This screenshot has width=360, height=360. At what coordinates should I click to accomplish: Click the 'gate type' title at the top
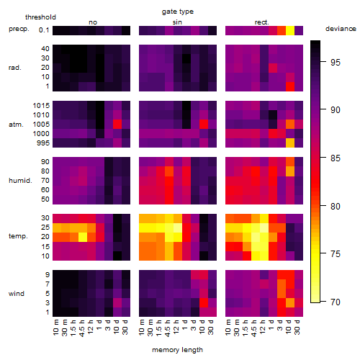178,12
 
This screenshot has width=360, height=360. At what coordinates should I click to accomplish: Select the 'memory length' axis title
177,350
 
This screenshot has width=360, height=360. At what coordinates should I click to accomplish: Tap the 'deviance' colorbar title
341,29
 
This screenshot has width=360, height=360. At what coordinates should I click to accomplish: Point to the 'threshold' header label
40,17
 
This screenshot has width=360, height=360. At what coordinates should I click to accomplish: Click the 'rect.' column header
261,22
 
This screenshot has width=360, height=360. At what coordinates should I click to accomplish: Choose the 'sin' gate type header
177,22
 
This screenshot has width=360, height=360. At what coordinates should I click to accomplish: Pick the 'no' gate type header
93,22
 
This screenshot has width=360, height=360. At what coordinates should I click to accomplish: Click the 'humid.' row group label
20,181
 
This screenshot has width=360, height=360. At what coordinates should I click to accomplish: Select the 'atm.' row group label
16,125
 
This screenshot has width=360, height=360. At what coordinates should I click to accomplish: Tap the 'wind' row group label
17,294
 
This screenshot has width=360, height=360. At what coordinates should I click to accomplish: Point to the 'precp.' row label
19,29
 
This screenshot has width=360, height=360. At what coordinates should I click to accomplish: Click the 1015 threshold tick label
41,106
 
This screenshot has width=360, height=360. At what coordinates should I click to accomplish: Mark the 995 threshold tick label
43,143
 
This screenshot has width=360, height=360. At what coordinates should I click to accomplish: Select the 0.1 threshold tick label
44,30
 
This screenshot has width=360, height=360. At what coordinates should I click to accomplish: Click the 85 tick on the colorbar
336,158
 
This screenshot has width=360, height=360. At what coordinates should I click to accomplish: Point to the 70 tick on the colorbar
336,302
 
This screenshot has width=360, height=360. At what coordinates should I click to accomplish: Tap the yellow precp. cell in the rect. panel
290,31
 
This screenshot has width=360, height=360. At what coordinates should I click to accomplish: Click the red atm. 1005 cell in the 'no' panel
117,125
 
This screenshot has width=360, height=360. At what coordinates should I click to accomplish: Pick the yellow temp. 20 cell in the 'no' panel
83,237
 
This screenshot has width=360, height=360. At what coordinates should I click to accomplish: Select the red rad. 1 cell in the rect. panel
290,86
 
